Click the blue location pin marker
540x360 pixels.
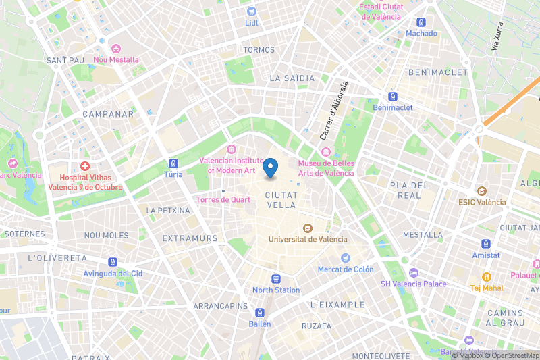click(271, 167)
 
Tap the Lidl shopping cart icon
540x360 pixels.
click(252, 11)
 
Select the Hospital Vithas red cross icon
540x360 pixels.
click(85, 165)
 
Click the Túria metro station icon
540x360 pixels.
click(173, 163)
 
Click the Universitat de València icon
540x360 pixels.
click(308, 228)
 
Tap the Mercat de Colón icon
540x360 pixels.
click(346, 258)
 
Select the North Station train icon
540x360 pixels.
click(276, 279)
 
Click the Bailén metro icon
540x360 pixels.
click(260, 313)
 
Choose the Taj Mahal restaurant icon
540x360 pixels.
click(485, 277)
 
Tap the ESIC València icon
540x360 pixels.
click(481, 191)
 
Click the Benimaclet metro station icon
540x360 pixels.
click(392, 97)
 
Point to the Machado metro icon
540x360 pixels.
click(421, 22)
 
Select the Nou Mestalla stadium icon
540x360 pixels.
click(115, 49)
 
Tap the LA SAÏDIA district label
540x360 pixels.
click(292, 78)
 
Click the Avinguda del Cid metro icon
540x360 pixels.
click(113, 262)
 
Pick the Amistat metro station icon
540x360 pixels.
click(486, 244)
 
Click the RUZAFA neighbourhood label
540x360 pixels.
click(317, 326)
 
